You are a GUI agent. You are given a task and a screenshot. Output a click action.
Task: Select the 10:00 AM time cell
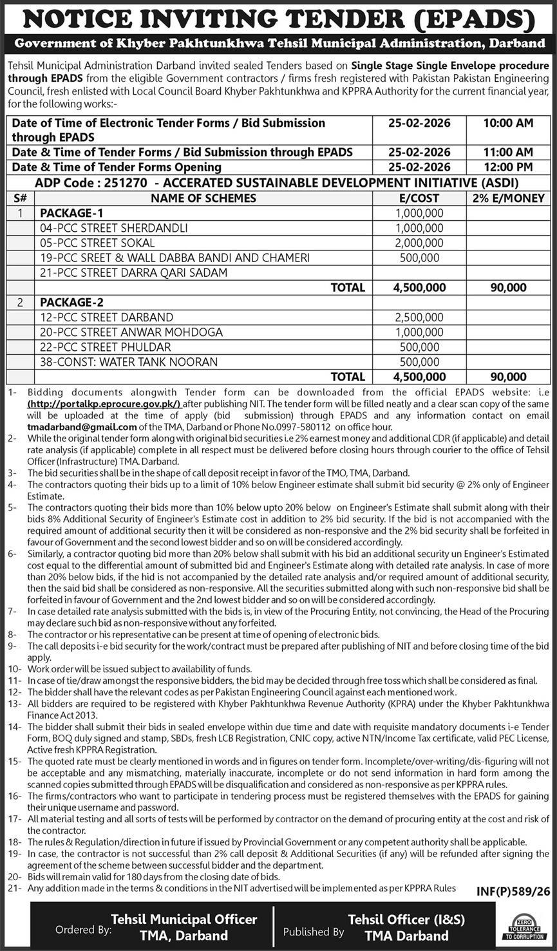click(x=508, y=123)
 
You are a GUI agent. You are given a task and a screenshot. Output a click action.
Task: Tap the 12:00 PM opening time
click(x=508, y=167)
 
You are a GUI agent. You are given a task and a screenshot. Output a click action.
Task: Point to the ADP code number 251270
click(x=124, y=183)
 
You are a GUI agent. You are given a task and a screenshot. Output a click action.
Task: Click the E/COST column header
click(x=419, y=198)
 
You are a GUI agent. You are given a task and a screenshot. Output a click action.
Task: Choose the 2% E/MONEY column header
click(x=508, y=198)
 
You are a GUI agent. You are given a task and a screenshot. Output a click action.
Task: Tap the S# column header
click(x=20, y=198)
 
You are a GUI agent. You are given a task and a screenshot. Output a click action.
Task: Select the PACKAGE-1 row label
click(x=71, y=213)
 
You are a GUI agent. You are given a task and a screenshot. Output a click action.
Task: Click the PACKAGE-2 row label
click(x=71, y=303)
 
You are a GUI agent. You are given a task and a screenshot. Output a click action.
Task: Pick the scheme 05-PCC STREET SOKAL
click(x=97, y=243)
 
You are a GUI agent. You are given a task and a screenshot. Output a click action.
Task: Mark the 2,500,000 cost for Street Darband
click(x=419, y=317)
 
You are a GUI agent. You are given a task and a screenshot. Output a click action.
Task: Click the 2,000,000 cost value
click(x=419, y=243)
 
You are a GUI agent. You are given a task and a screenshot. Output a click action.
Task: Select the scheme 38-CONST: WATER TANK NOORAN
click(x=129, y=362)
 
